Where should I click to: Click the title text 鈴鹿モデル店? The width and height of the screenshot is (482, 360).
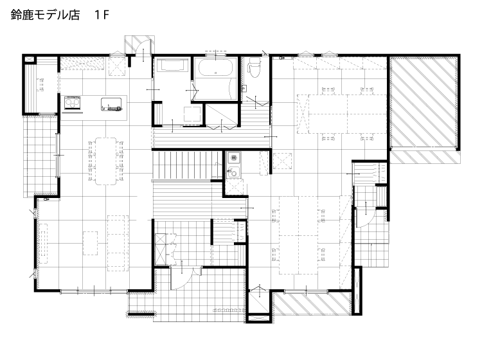point(45,15)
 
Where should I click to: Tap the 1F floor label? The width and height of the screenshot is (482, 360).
point(102,15)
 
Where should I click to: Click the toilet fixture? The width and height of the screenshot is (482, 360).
point(254,67)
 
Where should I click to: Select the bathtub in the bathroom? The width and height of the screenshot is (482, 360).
point(215,67)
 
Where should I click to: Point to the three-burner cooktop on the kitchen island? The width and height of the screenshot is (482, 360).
point(73,103)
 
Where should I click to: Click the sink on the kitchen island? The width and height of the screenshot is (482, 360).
point(111,104)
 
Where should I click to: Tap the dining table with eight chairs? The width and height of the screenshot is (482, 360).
point(105,161)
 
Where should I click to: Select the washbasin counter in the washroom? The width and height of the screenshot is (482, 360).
point(172,66)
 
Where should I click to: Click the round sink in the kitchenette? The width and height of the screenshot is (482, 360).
point(233,172)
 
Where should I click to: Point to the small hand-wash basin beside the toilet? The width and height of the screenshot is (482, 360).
point(245,88)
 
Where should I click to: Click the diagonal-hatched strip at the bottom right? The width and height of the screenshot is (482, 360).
point(312,303)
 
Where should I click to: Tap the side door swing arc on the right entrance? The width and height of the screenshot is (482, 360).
point(365,218)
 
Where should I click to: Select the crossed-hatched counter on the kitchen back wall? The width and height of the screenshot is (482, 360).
point(82,64)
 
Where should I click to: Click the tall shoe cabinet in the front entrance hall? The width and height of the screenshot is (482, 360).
point(160,249)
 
